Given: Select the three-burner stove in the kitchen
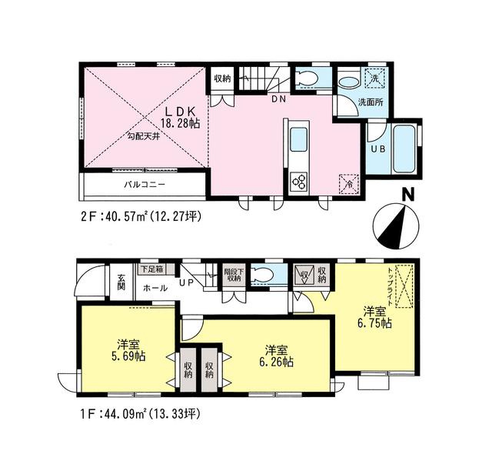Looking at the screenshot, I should coord(298,182).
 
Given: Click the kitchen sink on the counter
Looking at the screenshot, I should coord(298,141).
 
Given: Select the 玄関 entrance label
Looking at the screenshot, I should coord(122,282).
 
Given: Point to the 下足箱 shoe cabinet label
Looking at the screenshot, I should coord(151,270).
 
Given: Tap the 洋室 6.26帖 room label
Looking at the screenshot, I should coord(274,356).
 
